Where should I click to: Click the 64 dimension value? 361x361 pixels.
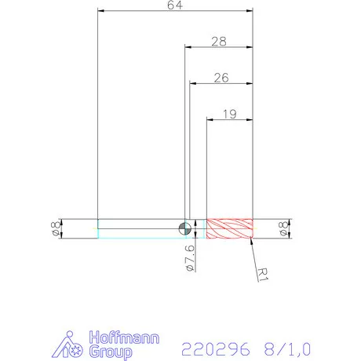pyautogui.click(x=175, y=6)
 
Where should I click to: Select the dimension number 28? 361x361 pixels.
pyautogui.click(x=219, y=41)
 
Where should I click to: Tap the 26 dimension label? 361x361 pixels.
pyautogui.click(x=221, y=78)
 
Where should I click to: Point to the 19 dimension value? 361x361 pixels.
pyautogui.click(x=229, y=114)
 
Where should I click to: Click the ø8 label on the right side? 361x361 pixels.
pyautogui.click(x=283, y=228)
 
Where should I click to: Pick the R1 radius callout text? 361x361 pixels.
pyautogui.click(x=264, y=272)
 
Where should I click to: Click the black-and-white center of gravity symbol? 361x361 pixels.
pyautogui.click(x=184, y=228)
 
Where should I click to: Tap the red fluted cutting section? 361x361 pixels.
pyautogui.click(x=229, y=228)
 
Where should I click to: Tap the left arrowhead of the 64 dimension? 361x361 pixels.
pyautogui.click(x=100, y=12)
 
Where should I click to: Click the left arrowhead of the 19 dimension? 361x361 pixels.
pyautogui.click(x=210, y=119)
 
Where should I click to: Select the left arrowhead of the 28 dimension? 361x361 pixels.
pyautogui.click(x=188, y=47)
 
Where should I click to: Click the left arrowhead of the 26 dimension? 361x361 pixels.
pyautogui.click(x=192, y=83)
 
